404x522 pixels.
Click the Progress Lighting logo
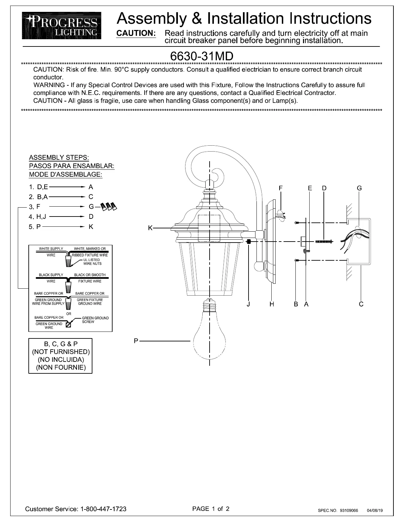click(62, 25)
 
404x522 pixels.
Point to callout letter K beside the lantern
click(150, 228)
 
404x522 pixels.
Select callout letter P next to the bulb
click(136, 341)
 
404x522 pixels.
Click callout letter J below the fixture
click(248, 304)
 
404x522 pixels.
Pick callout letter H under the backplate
click(272, 304)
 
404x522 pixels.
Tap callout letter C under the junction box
click(361, 304)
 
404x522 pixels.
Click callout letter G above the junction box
click(359, 188)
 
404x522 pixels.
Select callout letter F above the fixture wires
click(281, 188)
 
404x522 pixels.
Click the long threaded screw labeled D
click(324, 242)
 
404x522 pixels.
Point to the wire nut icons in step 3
click(109, 207)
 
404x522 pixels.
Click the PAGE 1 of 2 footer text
click(211, 508)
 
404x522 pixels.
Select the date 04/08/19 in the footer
click(375, 510)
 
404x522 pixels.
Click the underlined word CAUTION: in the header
click(136, 33)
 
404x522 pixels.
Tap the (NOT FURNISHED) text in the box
click(61, 352)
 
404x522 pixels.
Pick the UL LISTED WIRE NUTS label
click(92, 262)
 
